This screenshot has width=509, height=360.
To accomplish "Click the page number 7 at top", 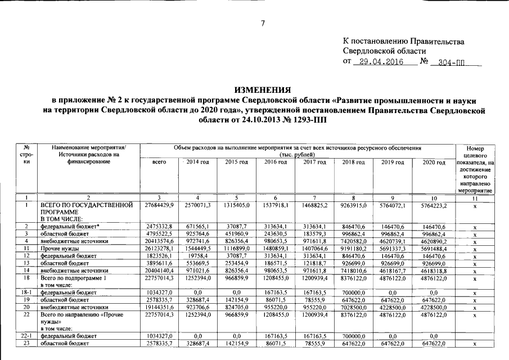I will [x=262, y=23].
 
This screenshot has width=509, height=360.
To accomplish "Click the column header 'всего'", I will [x=159, y=162].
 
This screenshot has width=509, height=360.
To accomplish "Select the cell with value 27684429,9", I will [x=159, y=205].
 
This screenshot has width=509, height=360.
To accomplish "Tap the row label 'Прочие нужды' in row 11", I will [x=59, y=247].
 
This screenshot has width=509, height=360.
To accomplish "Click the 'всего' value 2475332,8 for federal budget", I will [x=159, y=226].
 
